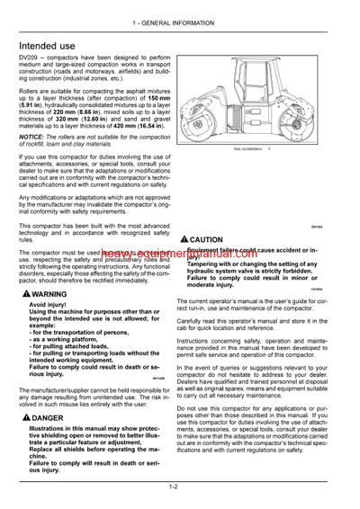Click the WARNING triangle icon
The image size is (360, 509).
click(23, 294)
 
